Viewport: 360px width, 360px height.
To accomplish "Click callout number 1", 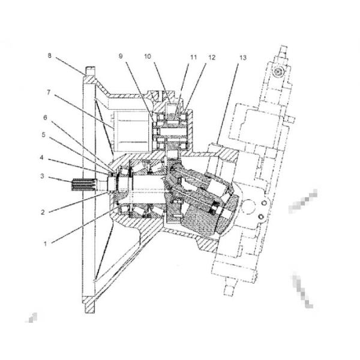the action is click(45, 244).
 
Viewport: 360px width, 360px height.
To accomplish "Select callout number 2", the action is click(43, 212).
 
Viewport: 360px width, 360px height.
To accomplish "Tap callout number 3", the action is click(42, 176).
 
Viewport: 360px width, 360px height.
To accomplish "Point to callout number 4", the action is click(41, 157).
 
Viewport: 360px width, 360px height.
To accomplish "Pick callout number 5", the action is click(44, 135).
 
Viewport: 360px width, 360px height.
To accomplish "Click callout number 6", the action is click(45, 118).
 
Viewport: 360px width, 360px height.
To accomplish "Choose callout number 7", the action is click(49, 92).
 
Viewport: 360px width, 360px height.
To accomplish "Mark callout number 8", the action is click(50, 56).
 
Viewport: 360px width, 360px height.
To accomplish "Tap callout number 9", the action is click(121, 56).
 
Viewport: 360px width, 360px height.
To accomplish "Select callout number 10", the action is click(148, 56).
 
